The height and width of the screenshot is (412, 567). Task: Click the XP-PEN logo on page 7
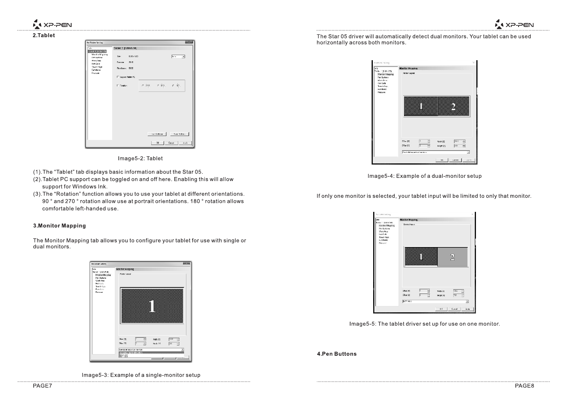(x=52, y=25)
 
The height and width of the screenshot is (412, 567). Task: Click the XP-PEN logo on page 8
(x=514, y=25)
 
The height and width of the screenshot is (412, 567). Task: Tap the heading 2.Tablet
(x=44, y=36)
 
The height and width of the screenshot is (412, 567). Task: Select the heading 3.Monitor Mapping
(x=59, y=226)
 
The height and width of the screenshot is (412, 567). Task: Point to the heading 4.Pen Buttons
(x=336, y=354)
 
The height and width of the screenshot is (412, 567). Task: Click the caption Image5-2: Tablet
(x=140, y=158)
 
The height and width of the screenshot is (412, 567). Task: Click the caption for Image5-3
(x=141, y=375)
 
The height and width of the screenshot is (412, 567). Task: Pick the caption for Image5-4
(x=424, y=176)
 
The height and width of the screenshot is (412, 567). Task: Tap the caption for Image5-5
(x=424, y=324)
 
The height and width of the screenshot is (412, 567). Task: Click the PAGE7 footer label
(x=42, y=386)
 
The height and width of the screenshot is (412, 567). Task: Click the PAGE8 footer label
(x=524, y=386)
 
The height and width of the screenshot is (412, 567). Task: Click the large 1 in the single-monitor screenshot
(x=152, y=306)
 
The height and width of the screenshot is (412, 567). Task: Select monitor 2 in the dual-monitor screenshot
(x=453, y=106)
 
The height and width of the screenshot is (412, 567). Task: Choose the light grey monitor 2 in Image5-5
(x=452, y=257)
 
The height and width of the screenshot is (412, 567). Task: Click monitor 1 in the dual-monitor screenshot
(x=421, y=106)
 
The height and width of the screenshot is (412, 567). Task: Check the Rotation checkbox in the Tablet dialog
(x=118, y=86)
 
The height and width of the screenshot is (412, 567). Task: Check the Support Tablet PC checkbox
(x=118, y=77)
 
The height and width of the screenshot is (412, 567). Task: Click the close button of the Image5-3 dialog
(x=187, y=263)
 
